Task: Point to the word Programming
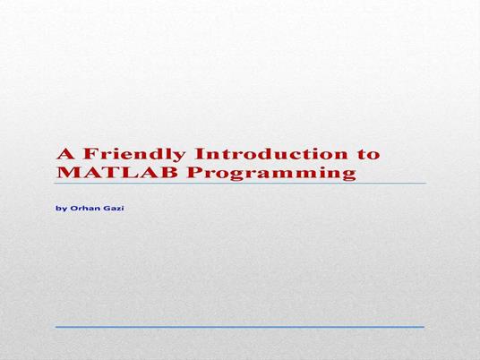(x=259, y=172)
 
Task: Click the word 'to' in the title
(x=366, y=153)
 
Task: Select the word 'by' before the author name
(x=61, y=208)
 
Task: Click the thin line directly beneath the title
(x=240, y=184)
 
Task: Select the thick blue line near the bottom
(x=240, y=327)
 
